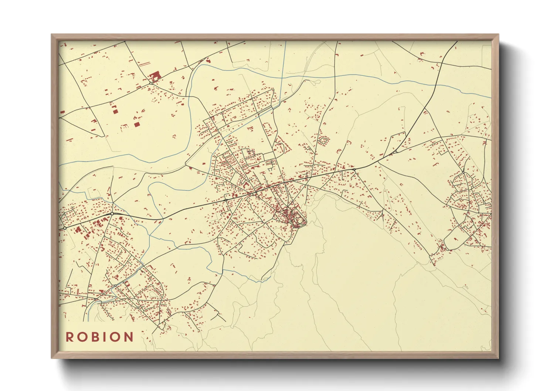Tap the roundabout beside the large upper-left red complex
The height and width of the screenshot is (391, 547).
(x=151, y=83)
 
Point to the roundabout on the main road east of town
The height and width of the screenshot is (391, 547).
(x=354, y=169)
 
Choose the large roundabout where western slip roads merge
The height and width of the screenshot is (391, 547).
(x=112, y=214)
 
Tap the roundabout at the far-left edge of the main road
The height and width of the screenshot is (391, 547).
(x=65, y=228)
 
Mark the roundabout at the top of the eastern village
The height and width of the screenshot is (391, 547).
(x=463, y=172)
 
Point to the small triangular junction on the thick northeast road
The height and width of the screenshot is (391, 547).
(x=395, y=151)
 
